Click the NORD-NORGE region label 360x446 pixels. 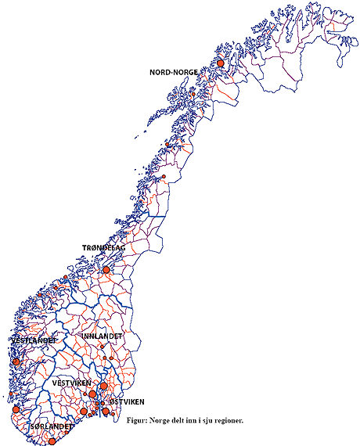click(173, 72)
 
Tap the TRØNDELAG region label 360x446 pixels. click(104, 248)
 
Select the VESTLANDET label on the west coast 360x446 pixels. click(33, 341)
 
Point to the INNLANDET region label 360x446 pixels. click(103, 336)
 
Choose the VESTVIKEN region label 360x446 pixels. click(72, 383)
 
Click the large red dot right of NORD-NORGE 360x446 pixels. click(221, 63)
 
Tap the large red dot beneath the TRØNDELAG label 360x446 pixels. click(106, 270)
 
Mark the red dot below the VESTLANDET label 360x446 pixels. click(16, 361)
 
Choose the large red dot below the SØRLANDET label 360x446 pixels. click(52, 441)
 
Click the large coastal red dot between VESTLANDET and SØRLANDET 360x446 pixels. click(16, 409)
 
